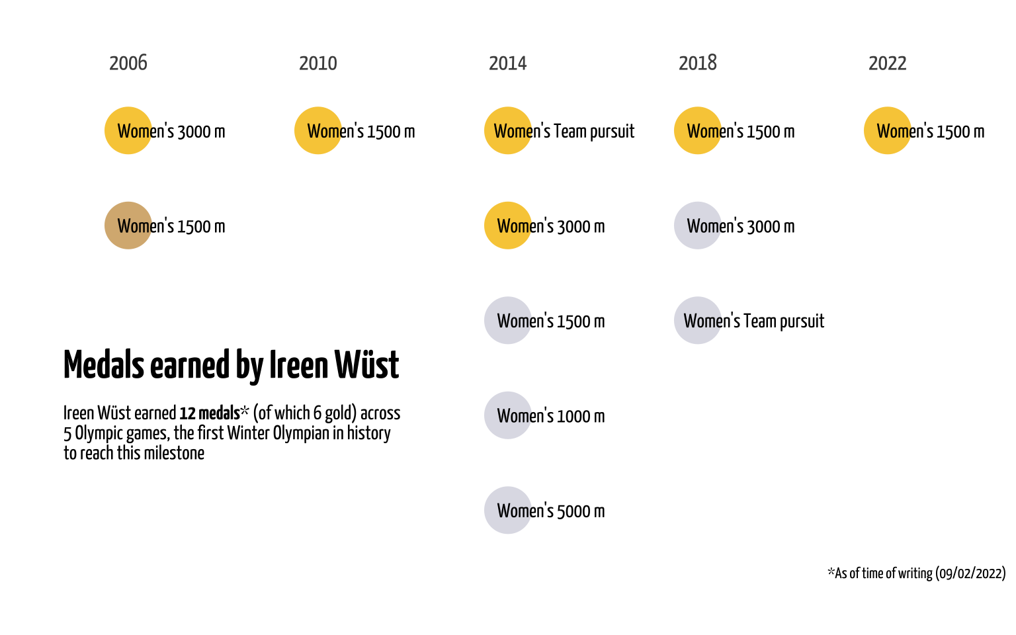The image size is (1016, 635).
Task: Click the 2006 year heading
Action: (128, 63)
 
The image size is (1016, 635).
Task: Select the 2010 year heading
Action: (318, 63)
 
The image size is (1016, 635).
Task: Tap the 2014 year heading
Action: (508, 63)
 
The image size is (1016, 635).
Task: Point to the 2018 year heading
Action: (698, 63)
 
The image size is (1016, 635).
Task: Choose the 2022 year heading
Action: (888, 63)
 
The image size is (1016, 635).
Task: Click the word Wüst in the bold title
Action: (366, 364)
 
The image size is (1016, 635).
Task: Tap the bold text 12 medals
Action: (210, 413)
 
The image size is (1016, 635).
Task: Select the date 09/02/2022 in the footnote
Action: (970, 573)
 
